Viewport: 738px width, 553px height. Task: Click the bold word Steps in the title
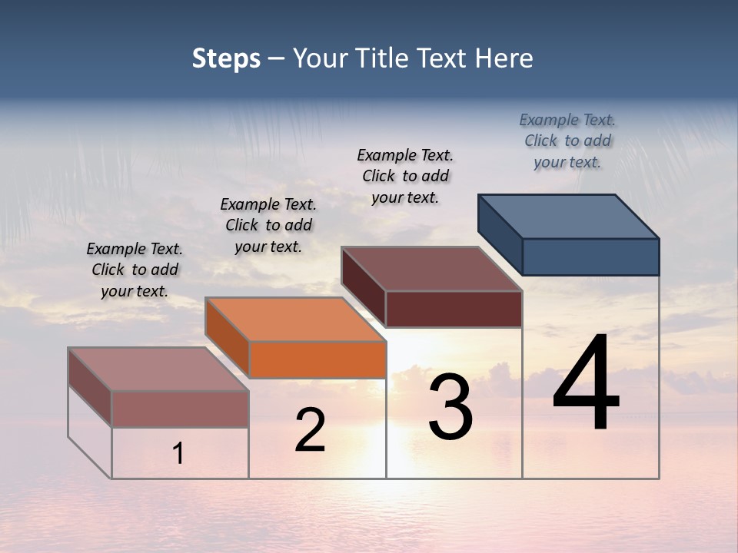[x=226, y=58]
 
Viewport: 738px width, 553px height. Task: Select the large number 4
[x=586, y=384]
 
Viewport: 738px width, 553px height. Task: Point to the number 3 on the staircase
[x=450, y=407]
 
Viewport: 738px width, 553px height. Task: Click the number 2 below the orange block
[x=310, y=430]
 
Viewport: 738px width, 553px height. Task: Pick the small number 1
[x=178, y=454]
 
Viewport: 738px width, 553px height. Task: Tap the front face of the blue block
[x=590, y=257]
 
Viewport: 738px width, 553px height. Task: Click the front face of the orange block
[x=317, y=359]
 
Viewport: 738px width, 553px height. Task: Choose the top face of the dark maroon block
[x=431, y=269]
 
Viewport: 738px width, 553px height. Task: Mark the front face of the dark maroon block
[x=454, y=309]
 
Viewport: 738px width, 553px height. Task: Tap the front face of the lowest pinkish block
[x=180, y=409]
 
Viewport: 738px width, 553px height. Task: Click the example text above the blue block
[x=567, y=141]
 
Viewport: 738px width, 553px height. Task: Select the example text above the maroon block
[x=405, y=176]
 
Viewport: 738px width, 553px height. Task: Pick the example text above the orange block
[x=268, y=225]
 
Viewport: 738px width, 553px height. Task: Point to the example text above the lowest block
[x=135, y=270]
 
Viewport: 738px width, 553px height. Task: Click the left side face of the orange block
[x=228, y=337]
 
